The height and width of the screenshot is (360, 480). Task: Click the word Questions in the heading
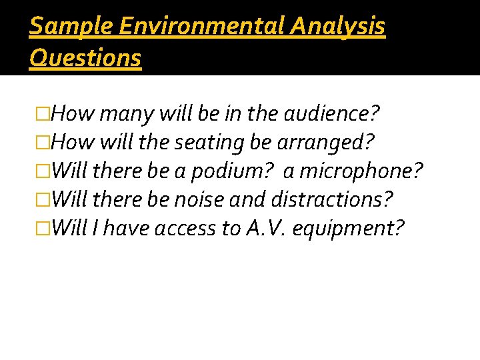(x=85, y=58)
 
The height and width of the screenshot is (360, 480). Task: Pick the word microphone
(x=361, y=171)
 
